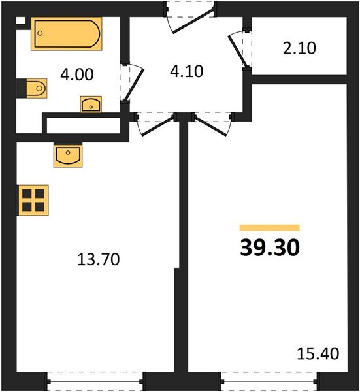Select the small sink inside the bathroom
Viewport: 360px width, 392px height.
click(90, 104)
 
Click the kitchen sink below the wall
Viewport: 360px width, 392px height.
click(68, 155)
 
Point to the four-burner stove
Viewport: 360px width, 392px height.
click(33, 199)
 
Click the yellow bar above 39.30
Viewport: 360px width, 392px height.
click(269, 228)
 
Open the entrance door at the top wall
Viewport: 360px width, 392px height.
click(189, 16)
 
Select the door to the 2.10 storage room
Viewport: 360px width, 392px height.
click(239, 48)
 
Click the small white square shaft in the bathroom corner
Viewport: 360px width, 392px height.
click(21, 20)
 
